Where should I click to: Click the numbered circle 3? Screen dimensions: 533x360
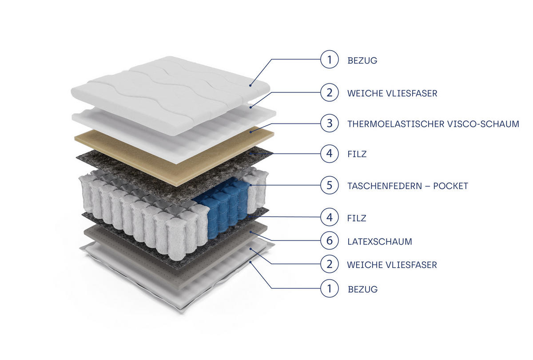[329, 123]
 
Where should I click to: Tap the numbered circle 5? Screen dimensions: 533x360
[329, 185]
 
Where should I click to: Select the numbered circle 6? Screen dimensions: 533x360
[329, 241]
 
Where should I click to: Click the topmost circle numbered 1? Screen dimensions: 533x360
[329, 59]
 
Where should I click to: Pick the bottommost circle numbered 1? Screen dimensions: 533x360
[329, 289]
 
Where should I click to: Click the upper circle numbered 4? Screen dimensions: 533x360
[329, 154]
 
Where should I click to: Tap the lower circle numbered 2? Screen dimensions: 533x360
[329, 264]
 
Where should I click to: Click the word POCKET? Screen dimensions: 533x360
[450, 186]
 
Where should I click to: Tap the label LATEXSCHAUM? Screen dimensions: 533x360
[379, 241]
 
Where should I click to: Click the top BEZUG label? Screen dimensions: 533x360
[362, 61]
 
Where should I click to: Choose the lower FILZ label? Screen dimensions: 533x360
[356, 218]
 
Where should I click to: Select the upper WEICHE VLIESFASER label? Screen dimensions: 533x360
[392, 94]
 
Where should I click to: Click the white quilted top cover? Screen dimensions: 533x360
[170, 95]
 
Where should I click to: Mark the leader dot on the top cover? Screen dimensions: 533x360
[251, 85]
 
